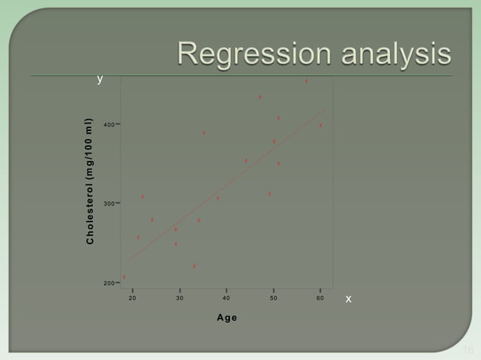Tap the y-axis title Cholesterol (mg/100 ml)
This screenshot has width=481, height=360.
pyautogui.click(x=90, y=182)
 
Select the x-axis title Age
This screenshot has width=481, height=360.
pyautogui.click(x=227, y=318)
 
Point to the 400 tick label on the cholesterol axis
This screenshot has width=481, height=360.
pyautogui.click(x=109, y=124)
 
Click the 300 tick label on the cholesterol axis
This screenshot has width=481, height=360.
pyautogui.click(x=109, y=203)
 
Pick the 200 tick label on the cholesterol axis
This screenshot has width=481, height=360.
pyautogui.click(x=109, y=283)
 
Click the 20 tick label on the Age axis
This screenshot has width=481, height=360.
pyautogui.click(x=133, y=299)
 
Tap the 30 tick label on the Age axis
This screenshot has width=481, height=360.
pyautogui.click(x=179, y=299)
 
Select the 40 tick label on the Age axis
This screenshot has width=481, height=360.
pyautogui.click(x=227, y=299)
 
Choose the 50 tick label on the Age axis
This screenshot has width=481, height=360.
pyautogui.click(x=274, y=299)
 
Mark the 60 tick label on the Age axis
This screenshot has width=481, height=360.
pyautogui.click(x=320, y=299)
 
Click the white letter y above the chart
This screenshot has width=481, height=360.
pyautogui.click(x=99, y=79)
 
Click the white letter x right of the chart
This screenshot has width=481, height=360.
pyautogui.click(x=348, y=300)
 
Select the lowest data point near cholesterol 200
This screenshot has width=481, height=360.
pyautogui.click(x=124, y=277)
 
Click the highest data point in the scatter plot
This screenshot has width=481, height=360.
pyautogui.click(x=307, y=81)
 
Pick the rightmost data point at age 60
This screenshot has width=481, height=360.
pyautogui.click(x=320, y=126)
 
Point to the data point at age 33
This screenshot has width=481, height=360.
pyautogui.click(x=195, y=267)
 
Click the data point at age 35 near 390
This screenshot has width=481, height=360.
pyautogui.click(x=204, y=133)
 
